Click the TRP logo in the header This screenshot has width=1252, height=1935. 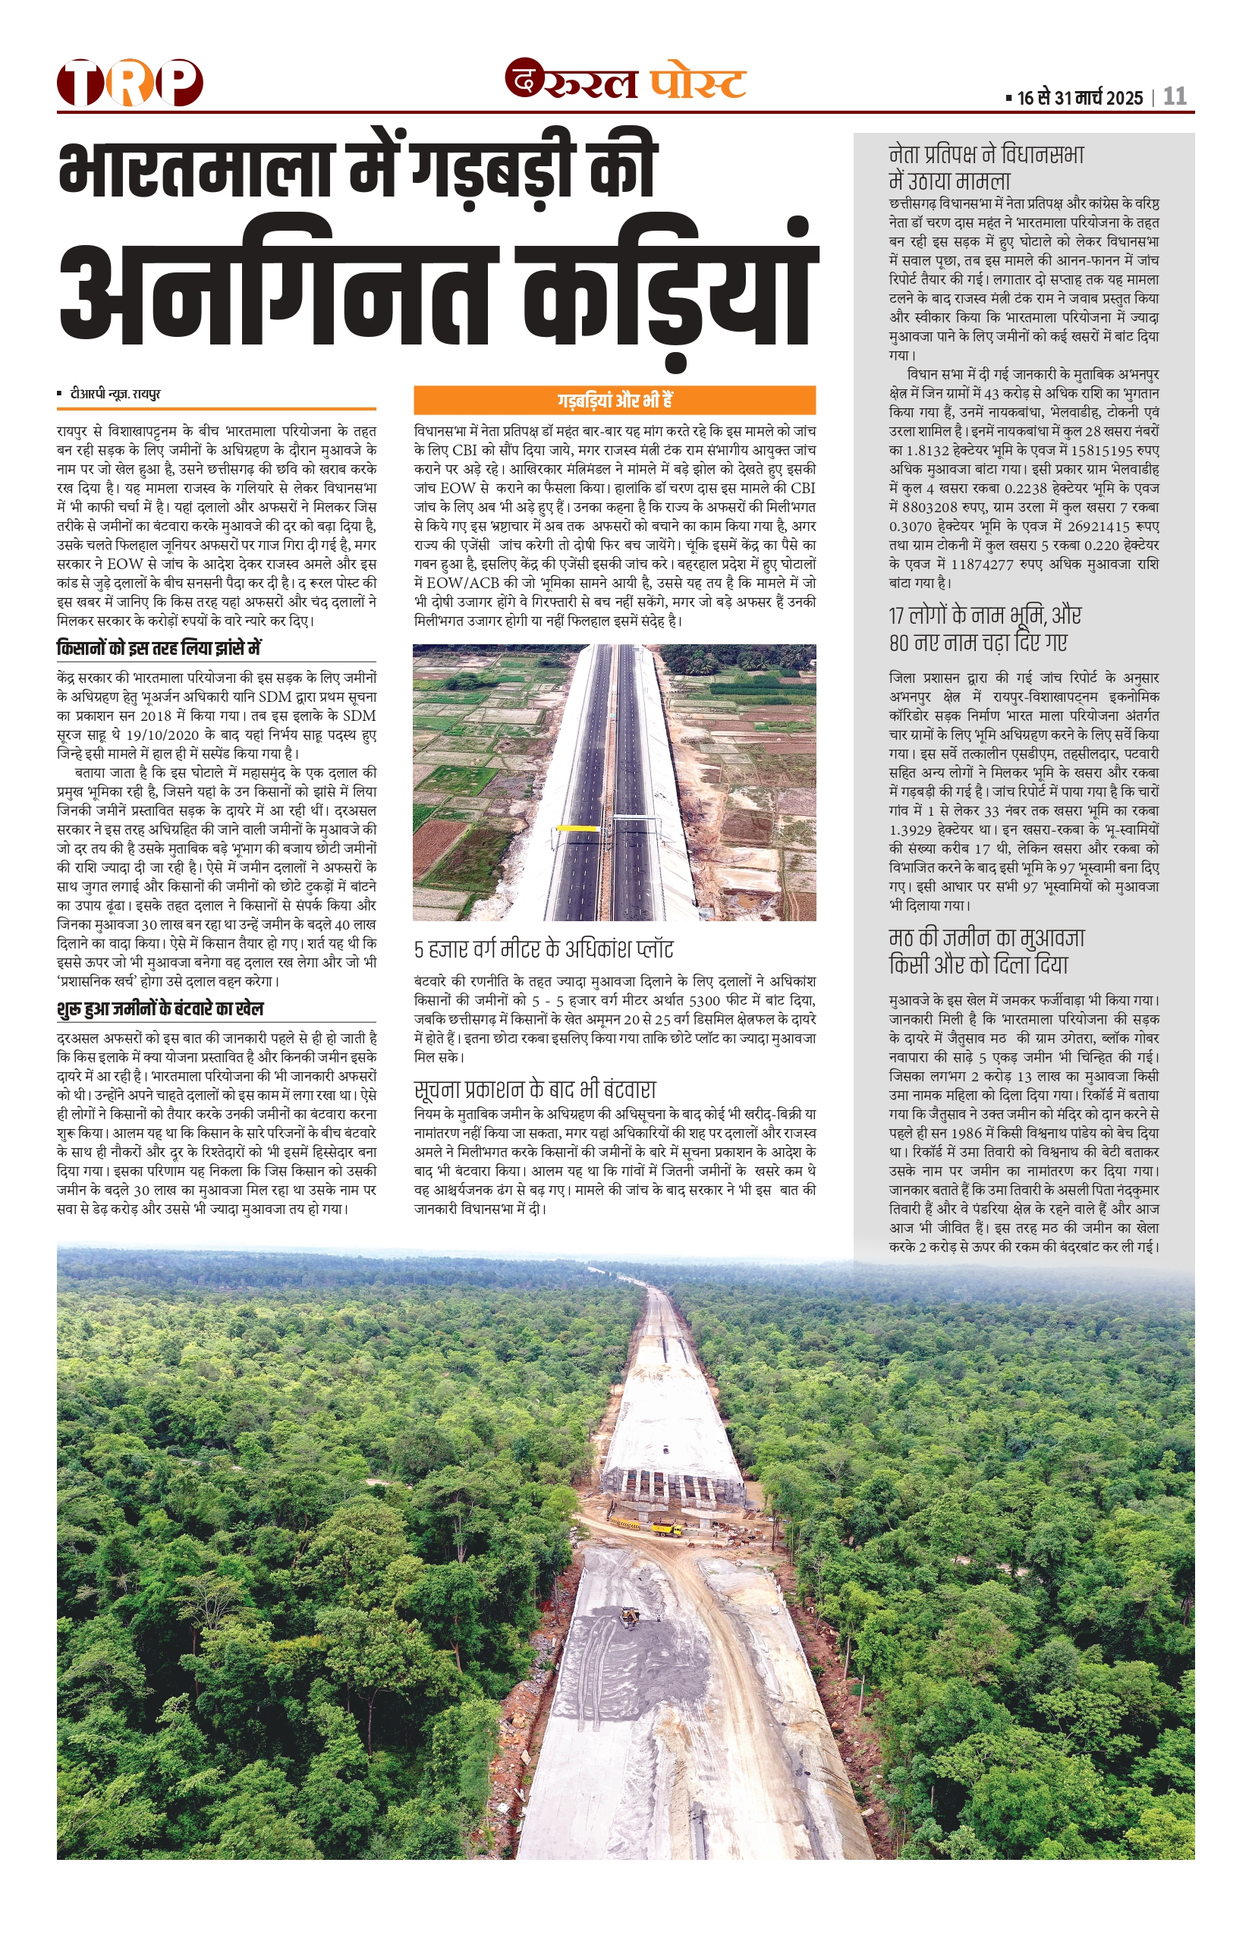[130, 83]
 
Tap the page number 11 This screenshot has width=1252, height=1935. [1175, 97]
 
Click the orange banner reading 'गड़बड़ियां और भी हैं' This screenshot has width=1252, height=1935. [614, 400]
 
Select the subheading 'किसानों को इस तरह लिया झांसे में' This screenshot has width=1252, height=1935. [159, 649]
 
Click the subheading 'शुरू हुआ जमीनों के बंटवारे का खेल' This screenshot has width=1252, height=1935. [160, 1009]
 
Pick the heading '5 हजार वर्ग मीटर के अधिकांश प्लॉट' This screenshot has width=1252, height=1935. [543, 949]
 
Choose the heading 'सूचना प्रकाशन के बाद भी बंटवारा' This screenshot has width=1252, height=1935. [534, 1090]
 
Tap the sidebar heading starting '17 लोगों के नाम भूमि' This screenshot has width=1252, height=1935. [985, 628]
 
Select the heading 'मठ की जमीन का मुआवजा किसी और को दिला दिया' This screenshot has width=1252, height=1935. [987, 952]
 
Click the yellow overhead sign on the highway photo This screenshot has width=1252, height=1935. [577, 829]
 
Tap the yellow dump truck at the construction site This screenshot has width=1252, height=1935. [667, 1528]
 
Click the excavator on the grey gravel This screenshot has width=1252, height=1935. [629, 1617]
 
